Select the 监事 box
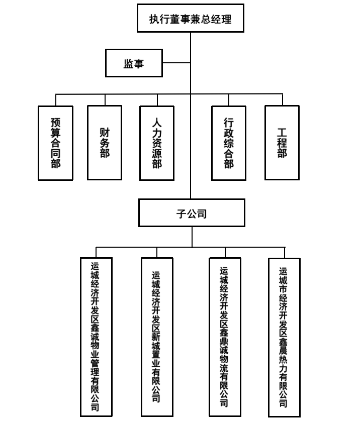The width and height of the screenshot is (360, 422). coord(134,63)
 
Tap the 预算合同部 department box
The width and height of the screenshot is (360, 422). coord(55,143)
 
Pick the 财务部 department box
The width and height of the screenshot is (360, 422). coord(105,143)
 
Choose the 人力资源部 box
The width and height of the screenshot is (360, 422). coord(157,143)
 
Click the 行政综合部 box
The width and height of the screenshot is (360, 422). coord(229,143)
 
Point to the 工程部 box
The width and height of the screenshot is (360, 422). coord(282,143)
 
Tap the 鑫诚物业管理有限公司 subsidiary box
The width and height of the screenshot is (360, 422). coord(96,337)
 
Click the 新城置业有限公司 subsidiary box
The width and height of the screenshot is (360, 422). coord(157,337)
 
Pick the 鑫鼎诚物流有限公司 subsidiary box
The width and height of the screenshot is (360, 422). coord(225,337)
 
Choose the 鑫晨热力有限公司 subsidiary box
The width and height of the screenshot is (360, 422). coord(284,337)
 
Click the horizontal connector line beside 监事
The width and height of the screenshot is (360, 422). coord(176,63)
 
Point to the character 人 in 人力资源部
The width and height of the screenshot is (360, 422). coord(157,122)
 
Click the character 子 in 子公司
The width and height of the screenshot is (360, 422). coord(181,214)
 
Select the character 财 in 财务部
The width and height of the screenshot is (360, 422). coord(105,133)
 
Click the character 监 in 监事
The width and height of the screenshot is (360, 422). coord(128,64)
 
